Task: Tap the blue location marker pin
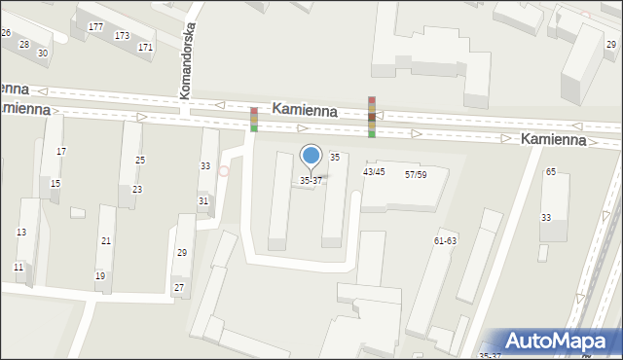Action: point(311,156)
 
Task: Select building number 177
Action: point(95,26)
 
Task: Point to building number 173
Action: point(122,36)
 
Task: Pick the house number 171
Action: point(145,47)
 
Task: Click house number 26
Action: point(6,33)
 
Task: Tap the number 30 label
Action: point(43,53)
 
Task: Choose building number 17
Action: point(61,151)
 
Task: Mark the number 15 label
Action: point(55,184)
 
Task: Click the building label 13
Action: point(20,232)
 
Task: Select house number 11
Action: point(18,267)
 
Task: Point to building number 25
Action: point(140,160)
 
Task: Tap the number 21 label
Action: point(106,240)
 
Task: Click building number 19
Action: point(100,275)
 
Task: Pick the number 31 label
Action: point(203,200)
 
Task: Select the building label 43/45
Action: point(374,172)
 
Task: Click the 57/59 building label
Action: point(416,174)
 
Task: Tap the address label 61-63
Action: point(446,240)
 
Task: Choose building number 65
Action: point(551,172)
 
